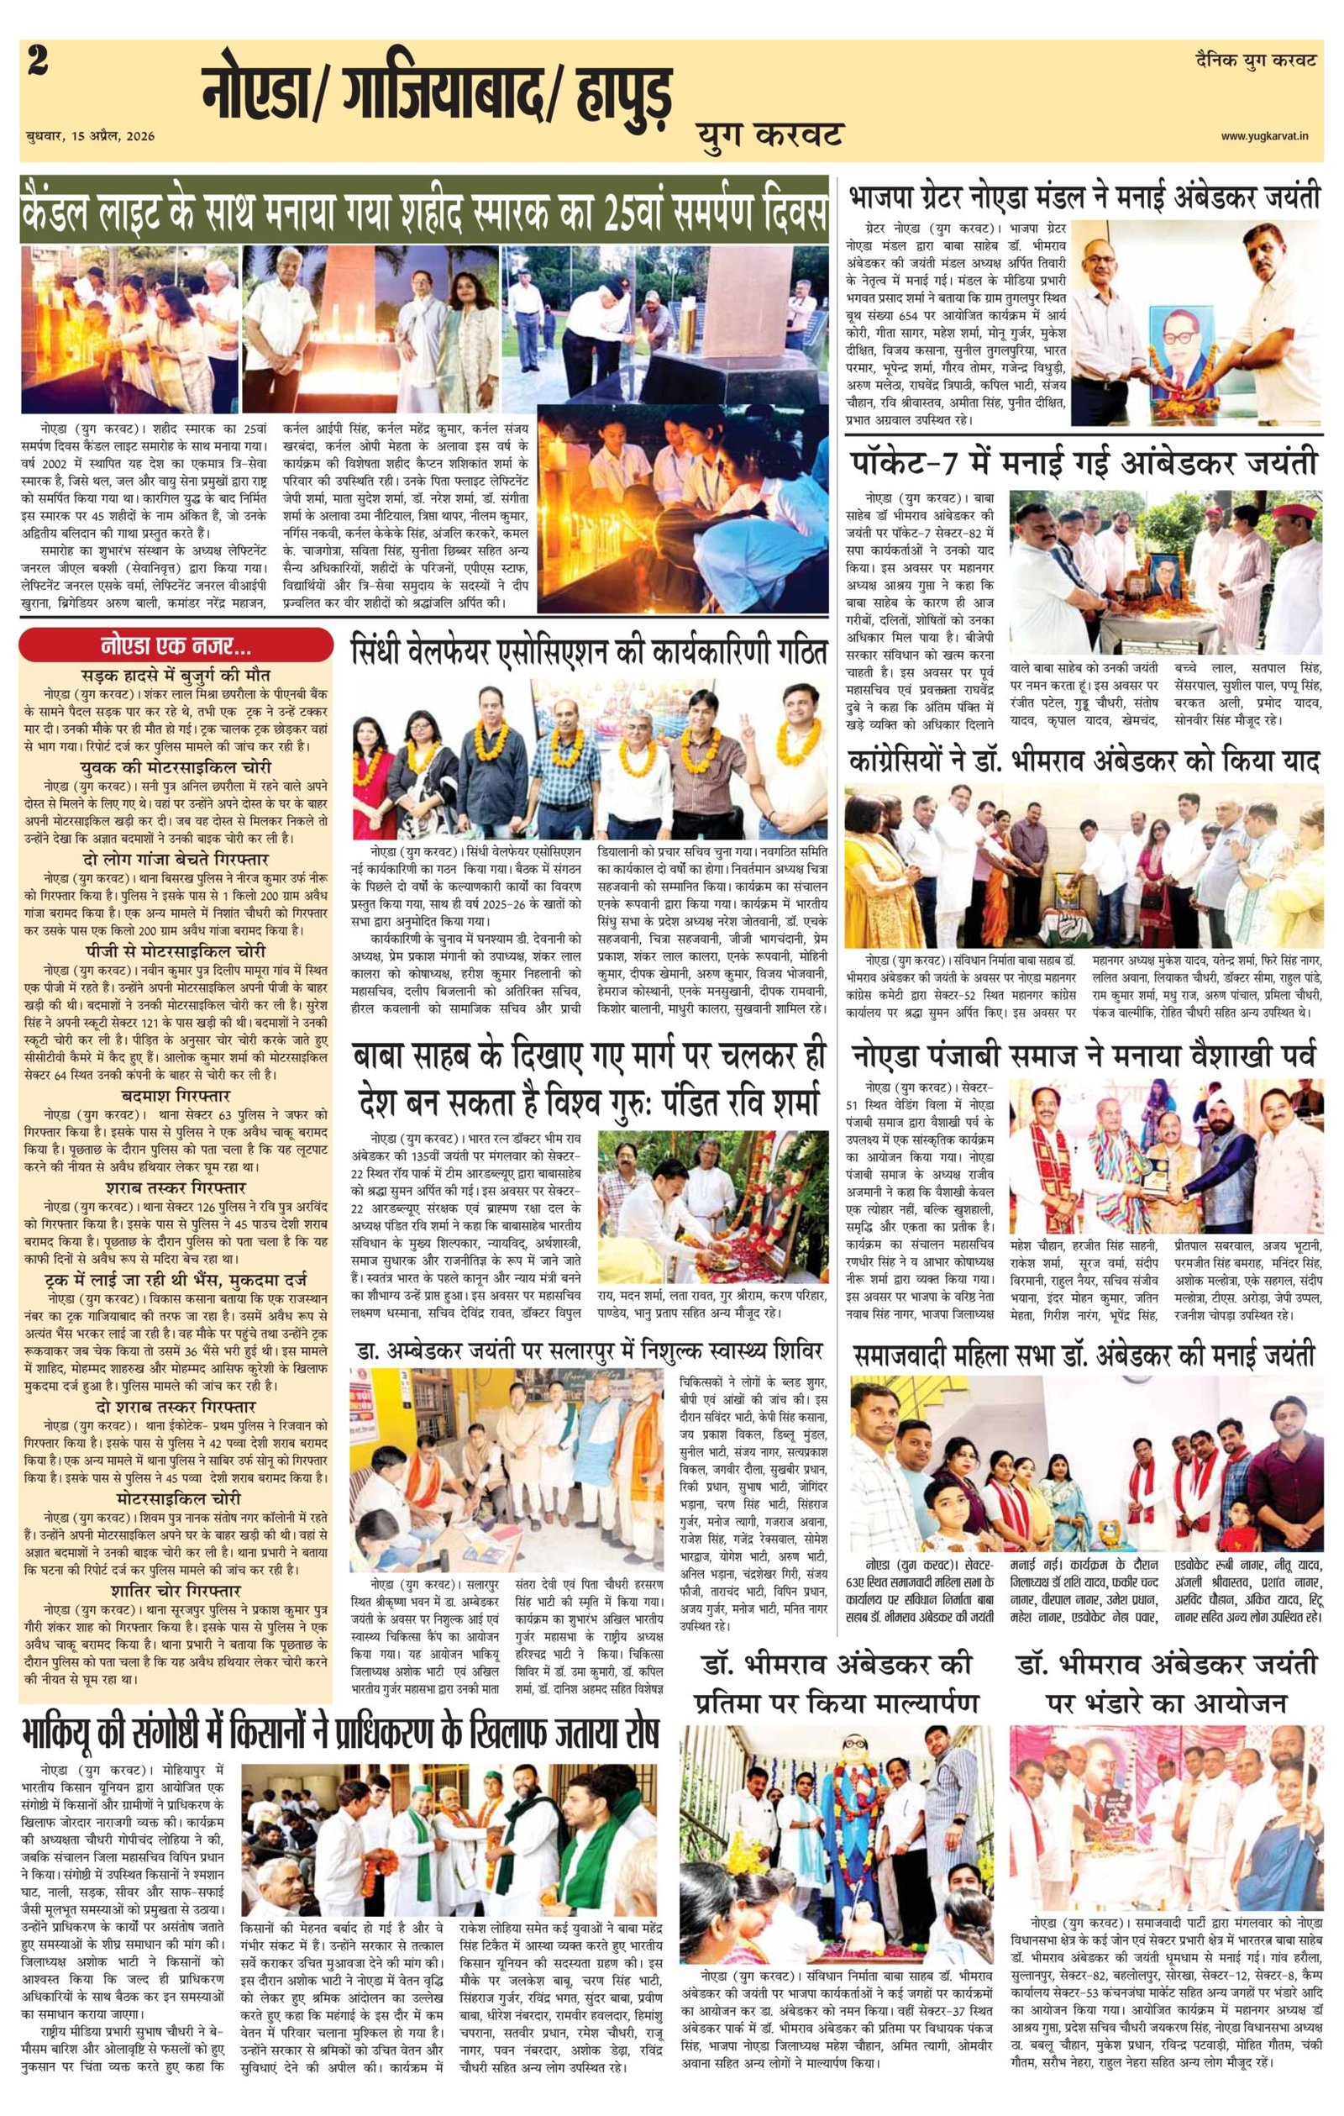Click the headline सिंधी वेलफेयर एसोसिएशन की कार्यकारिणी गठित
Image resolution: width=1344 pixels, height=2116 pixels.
(x=589, y=653)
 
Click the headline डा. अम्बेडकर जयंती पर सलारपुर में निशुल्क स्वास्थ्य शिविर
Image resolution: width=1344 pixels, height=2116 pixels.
(x=589, y=1347)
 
